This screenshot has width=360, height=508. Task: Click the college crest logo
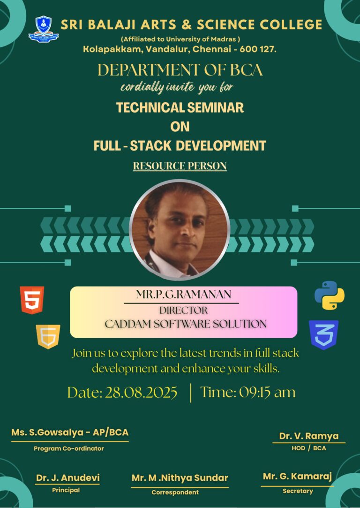pos(44,29)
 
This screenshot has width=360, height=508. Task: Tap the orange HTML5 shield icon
pos(32,300)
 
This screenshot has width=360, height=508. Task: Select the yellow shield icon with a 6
pos(48,337)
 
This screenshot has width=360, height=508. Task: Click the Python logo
pos(329,295)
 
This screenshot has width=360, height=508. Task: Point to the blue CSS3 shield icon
pos(323,334)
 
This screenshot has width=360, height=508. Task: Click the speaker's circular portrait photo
pos(180,230)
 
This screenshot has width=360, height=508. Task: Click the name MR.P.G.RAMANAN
pos(184,295)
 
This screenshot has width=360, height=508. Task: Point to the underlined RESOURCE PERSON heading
pos(180,166)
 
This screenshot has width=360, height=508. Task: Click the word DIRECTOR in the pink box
pos(183,310)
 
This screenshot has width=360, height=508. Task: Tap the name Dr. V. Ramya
pos(309,436)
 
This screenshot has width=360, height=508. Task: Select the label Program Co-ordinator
pos(69,449)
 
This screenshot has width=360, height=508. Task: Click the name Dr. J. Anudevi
pos(67,478)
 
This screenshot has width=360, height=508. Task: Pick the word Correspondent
pos(175,492)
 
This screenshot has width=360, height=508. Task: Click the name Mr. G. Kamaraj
pos(297,477)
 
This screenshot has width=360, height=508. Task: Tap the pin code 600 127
pos(256,49)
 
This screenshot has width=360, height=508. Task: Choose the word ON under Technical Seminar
pos(180,127)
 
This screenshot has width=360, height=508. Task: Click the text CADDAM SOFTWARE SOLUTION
pos(186,324)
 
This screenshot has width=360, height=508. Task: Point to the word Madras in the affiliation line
pos(226,39)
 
